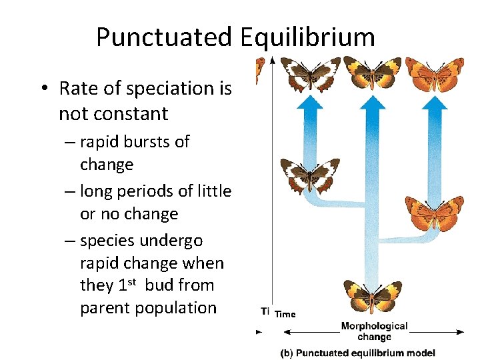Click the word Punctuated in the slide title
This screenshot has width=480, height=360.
[162, 37]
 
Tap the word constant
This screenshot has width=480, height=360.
[129, 113]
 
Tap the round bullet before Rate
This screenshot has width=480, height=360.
[42, 89]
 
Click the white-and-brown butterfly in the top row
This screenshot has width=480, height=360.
[310, 73]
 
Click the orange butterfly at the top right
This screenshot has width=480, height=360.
[435, 73]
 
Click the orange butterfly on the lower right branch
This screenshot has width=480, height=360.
[435, 213]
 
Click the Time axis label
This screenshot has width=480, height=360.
[285, 314]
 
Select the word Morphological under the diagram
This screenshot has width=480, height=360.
[374, 326]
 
